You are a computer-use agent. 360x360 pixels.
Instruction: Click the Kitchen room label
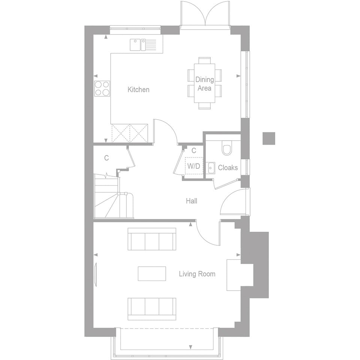click(x=138, y=90)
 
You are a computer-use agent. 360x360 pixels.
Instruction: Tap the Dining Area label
click(x=204, y=84)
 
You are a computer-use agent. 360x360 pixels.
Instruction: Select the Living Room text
click(x=197, y=274)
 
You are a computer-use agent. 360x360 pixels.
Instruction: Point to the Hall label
click(x=192, y=201)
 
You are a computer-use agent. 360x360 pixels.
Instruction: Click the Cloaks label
click(x=228, y=168)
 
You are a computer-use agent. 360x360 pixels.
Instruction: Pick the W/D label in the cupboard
click(x=193, y=166)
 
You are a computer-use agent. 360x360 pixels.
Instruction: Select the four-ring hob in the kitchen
click(x=102, y=88)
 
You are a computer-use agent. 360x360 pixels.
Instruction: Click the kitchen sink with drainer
click(x=143, y=45)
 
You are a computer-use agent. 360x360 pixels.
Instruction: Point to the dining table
click(x=204, y=83)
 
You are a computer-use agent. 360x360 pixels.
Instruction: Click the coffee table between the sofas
click(x=152, y=273)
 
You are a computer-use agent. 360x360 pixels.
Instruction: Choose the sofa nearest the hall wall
click(x=152, y=239)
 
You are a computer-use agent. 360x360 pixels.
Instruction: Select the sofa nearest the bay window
click(x=152, y=309)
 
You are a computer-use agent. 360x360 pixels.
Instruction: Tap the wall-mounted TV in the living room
click(x=96, y=274)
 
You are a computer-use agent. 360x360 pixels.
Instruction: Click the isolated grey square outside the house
click(x=268, y=138)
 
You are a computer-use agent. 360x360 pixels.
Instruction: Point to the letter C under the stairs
click(x=106, y=158)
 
